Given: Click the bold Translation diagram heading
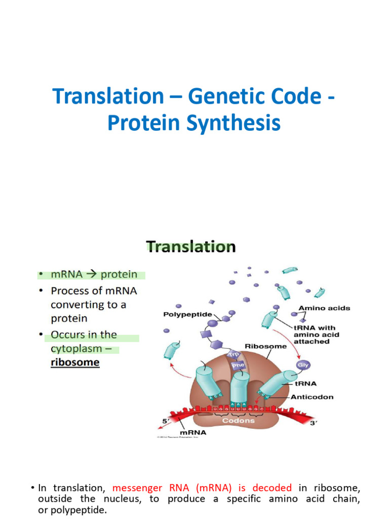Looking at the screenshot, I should pyautogui.click(x=191, y=247).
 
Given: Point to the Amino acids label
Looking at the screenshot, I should pyautogui.click(x=324, y=308).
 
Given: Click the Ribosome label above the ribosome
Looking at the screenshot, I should pyautogui.click(x=265, y=347).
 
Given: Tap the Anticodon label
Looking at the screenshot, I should pyautogui.click(x=312, y=397).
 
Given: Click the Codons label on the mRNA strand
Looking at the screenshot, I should pyautogui.click(x=241, y=421).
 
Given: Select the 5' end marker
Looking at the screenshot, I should pyautogui.click(x=165, y=421).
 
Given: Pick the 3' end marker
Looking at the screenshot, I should pyautogui.click(x=313, y=422).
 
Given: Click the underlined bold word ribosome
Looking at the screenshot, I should pyautogui.click(x=75, y=363).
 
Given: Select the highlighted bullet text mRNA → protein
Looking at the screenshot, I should pyautogui.click(x=94, y=275).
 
